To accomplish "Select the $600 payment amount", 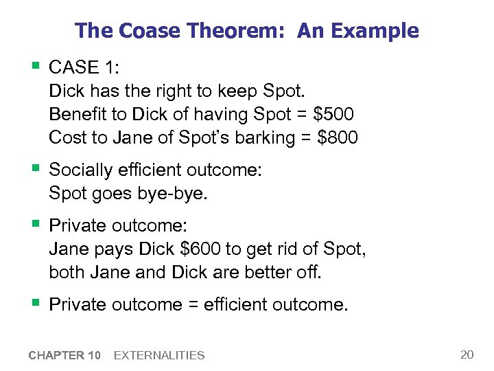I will [185, 249].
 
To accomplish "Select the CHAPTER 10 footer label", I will [64, 355].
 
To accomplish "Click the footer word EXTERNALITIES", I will [159, 355].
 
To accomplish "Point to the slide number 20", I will [467, 355].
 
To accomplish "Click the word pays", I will [113, 249].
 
